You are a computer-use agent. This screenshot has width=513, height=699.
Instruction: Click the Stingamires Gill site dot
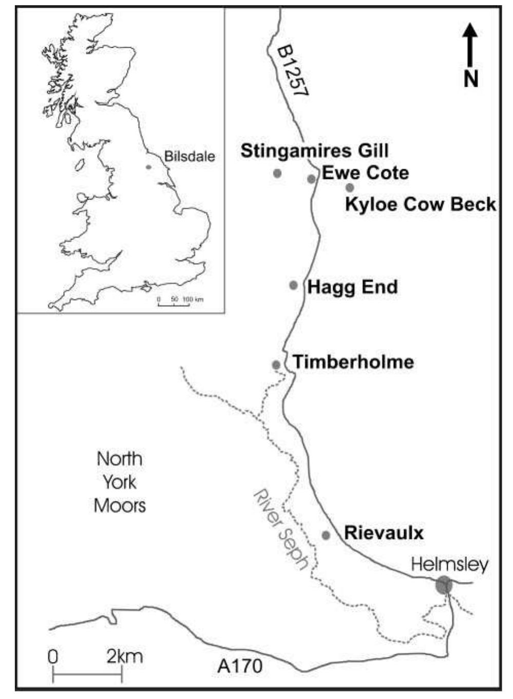pos(277,173)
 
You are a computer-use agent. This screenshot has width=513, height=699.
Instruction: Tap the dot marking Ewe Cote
pos(311,179)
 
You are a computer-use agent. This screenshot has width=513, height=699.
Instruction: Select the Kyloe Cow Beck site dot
pos(350,188)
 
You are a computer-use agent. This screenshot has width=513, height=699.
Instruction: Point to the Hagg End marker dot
pos(294,285)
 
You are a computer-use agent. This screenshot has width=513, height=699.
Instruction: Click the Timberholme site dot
pos(276,364)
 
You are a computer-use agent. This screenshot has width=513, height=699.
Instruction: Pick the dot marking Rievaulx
pos(326,535)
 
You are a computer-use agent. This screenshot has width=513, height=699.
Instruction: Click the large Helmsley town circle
pos(444,585)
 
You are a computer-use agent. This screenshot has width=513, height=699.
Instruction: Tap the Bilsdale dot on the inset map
pos(148,167)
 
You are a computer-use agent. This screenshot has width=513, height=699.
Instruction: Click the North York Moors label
pos(120,482)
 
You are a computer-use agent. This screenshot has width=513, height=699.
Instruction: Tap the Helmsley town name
pos(450,565)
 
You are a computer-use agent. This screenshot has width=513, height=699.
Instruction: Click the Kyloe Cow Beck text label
pos(420,204)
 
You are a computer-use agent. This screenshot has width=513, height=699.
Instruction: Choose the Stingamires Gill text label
pos(314,151)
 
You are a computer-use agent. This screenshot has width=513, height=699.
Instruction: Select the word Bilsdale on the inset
pos(189,157)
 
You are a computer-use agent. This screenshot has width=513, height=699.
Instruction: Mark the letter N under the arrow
pos(471,79)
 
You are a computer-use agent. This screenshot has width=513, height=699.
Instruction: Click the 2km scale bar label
pos(124,656)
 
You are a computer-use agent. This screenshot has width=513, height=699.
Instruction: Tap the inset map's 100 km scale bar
pos(174,304)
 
